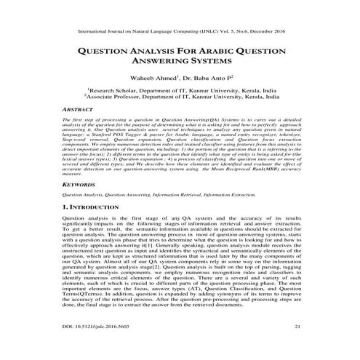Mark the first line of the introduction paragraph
click(x=180, y=218)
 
